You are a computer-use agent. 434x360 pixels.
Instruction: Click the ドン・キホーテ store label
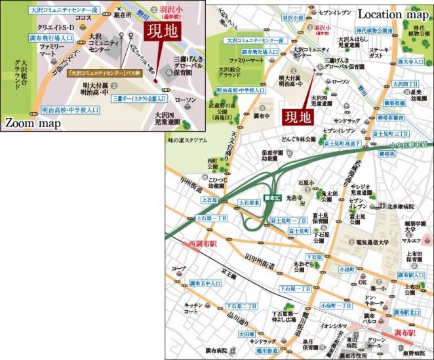tap(375, 300)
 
